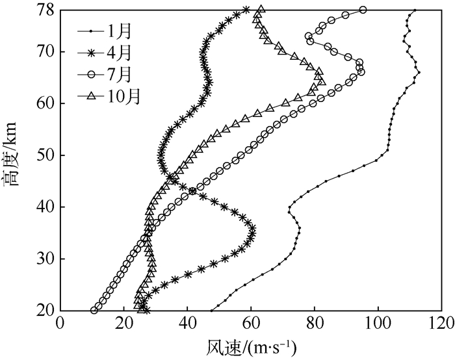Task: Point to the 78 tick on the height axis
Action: pyautogui.click(x=45, y=10)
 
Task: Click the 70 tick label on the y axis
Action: pyautogui.click(x=45, y=51)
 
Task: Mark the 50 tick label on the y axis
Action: pyautogui.click(x=45, y=155)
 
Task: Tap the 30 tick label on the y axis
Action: pyautogui.click(x=45, y=259)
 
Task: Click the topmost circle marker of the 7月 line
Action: pyautogui.click(x=363, y=10)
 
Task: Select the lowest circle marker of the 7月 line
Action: pyautogui.click(x=94, y=311)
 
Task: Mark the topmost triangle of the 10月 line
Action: pyautogui.click(x=261, y=10)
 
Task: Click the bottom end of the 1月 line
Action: pyautogui.click(x=211, y=311)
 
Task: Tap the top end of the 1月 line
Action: pyautogui.click(x=415, y=10)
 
